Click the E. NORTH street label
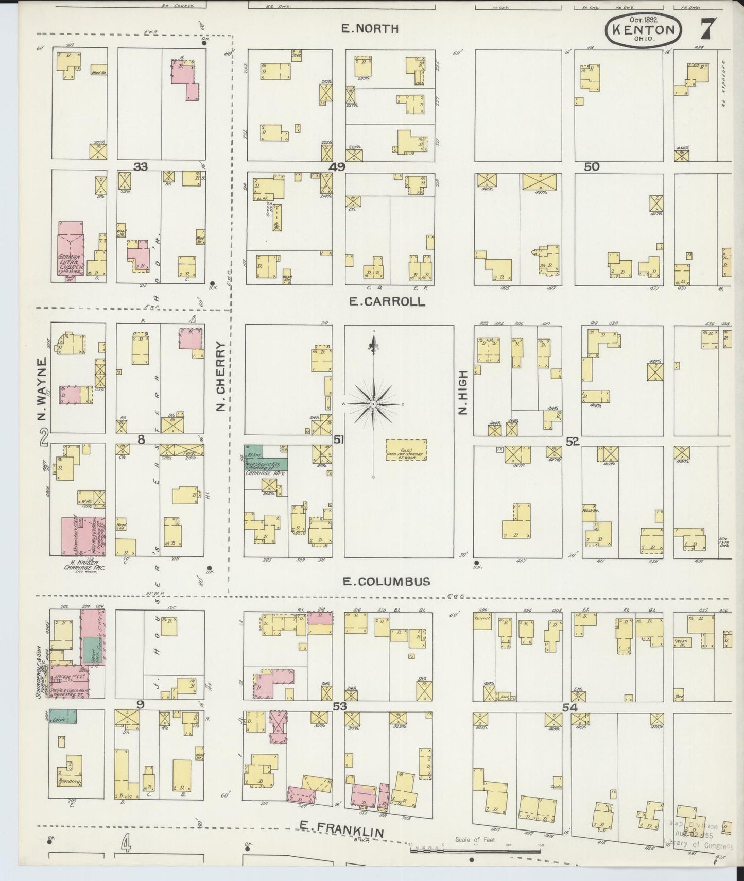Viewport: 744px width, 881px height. (x=370, y=29)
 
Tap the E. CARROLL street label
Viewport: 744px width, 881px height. (x=387, y=302)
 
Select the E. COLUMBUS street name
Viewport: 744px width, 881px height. (x=386, y=582)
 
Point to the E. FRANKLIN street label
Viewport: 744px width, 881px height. (x=342, y=827)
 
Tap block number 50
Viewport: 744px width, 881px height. (x=592, y=166)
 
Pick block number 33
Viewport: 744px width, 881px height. (x=141, y=167)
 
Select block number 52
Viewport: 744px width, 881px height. (x=572, y=441)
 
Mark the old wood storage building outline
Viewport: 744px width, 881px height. (x=406, y=450)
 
